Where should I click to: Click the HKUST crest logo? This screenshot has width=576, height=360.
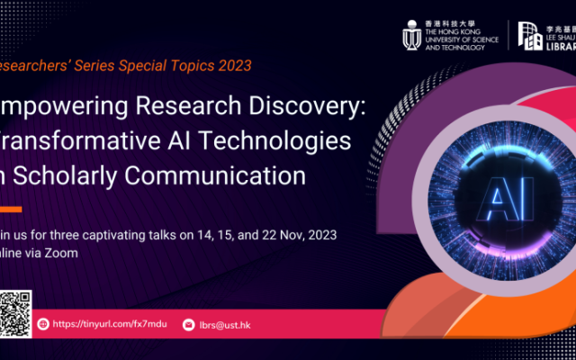[x=411, y=34]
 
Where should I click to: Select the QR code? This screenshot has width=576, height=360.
[x=15, y=311]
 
